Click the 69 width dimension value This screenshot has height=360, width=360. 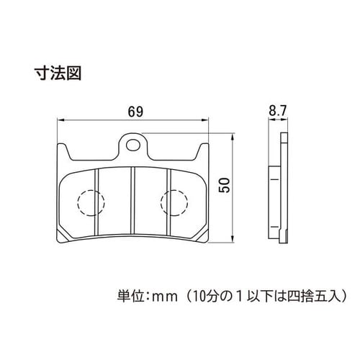135,112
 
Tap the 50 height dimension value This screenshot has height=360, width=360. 225,185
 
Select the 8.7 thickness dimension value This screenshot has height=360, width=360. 278,111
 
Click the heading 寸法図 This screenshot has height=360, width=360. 58,73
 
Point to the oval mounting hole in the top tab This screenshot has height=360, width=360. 133,145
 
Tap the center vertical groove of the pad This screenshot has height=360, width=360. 132,200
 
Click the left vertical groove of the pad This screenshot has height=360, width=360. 96,202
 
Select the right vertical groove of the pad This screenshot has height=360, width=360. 168,202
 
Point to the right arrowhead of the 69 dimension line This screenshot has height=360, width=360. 204,120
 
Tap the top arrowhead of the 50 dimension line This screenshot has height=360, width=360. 232,138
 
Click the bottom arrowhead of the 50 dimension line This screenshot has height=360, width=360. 232,238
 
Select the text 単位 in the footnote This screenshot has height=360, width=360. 130,297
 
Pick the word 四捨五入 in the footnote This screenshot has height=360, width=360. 313,297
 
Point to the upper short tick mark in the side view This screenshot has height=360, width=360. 274,179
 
